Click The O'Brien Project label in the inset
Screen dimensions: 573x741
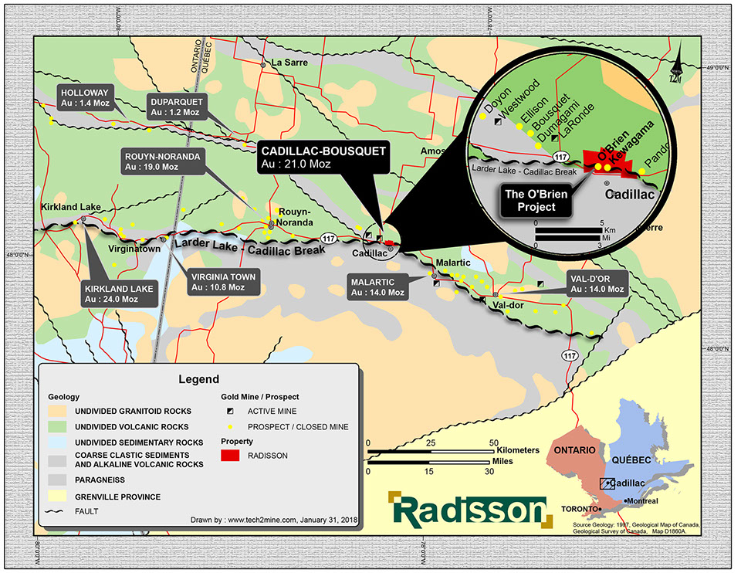point(536,200)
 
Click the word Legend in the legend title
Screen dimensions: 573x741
point(198,379)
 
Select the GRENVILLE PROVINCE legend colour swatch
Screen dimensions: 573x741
point(58,497)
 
